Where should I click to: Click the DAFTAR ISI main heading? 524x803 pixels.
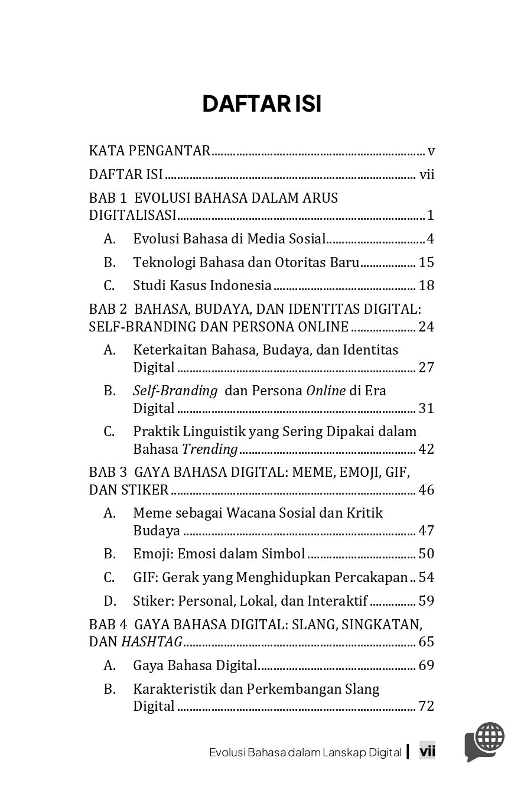pos(262,105)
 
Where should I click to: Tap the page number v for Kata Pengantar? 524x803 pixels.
pos(431,151)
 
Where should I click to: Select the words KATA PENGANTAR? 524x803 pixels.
pos(149,151)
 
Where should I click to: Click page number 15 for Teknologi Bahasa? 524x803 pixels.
pos(426,262)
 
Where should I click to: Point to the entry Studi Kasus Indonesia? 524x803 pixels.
pos(202,286)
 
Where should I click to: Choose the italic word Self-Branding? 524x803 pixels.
pos(167,391)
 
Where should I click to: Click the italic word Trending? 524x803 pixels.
pos(209,449)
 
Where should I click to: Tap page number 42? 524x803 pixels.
pos(426,449)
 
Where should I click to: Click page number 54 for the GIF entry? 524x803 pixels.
pos(426,577)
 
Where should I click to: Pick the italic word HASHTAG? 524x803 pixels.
pos(152,642)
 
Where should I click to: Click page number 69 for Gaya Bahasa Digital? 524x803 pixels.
pos(426,666)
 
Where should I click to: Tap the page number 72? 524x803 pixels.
pos(426,707)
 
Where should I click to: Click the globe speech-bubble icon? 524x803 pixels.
pos(485,742)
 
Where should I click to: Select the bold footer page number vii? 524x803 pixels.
pos(427,752)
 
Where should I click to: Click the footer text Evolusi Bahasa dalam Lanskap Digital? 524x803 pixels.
pos(305,752)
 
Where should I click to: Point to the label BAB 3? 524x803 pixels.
pos(108,472)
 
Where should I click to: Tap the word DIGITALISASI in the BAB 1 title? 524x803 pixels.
pos(133,215)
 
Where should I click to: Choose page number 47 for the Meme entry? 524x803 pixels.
pos(426,531)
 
